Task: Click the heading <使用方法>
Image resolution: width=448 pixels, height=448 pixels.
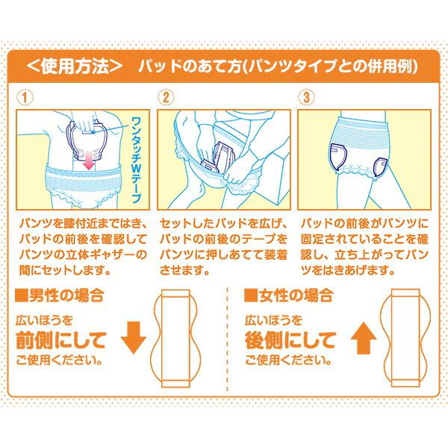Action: pos(73,66)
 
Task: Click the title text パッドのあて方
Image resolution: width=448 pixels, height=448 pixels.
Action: pos(276,66)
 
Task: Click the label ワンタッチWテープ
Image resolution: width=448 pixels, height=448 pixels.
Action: pos(137,149)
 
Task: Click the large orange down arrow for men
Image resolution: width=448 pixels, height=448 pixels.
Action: pos(134,338)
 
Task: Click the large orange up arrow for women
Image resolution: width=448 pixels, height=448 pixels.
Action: pos(364,338)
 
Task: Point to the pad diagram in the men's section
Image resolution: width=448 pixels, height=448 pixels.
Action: pos(177,339)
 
